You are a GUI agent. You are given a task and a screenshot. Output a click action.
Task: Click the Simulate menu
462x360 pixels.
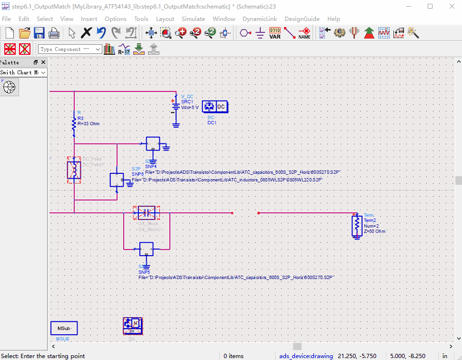[x=193, y=19]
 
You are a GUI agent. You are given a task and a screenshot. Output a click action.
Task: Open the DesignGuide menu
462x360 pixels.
[x=302, y=19]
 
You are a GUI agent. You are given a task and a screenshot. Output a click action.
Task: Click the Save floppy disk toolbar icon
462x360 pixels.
[x=39, y=33]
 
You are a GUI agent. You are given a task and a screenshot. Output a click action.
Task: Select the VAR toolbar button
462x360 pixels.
[x=275, y=33]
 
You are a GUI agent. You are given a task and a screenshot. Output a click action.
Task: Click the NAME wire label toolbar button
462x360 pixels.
[x=304, y=33]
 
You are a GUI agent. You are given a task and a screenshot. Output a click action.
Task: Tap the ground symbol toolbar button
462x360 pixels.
[x=260, y=33]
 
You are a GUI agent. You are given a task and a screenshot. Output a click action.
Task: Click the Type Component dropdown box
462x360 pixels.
[x=70, y=49]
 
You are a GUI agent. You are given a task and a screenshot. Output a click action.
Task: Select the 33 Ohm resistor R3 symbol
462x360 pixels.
[x=74, y=124]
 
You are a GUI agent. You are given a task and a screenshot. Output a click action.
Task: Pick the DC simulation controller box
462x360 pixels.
[x=216, y=107]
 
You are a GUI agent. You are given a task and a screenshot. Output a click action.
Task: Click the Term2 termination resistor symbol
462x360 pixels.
[x=356, y=226]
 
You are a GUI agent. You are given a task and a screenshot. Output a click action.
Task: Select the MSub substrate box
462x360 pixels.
[x=64, y=328]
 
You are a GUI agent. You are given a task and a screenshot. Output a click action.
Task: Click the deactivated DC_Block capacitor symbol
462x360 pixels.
[x=146, y=213]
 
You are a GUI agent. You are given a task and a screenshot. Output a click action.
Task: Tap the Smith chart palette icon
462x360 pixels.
[x=10, y=88]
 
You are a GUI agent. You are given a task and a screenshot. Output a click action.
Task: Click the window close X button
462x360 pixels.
[x=451, y=7]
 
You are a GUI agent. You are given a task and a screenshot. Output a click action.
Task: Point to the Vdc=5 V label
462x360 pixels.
[x=190, y=108]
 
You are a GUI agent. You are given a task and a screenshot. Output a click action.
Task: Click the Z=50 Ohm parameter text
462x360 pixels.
[x=374, y=231]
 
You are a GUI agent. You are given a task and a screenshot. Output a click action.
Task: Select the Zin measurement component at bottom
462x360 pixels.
[x=133, y=327]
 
